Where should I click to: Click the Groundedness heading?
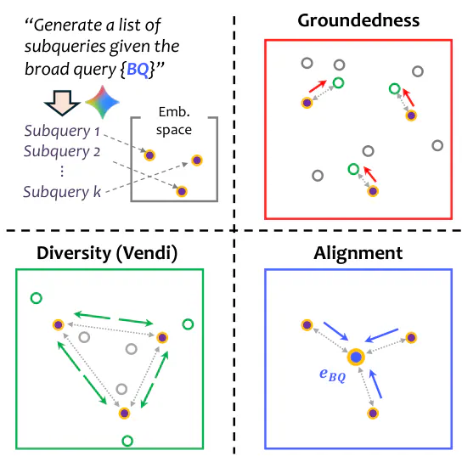click(358, 20)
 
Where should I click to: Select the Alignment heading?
click(358, 253)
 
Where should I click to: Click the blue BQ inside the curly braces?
click(138, 70)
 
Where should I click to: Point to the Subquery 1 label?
click(62, 131)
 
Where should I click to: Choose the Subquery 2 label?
click(62, 151)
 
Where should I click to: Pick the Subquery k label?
click(62, 192)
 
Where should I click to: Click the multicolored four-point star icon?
click(102, 102)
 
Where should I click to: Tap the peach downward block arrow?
click(62, 103)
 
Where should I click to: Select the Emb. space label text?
click(174, 121)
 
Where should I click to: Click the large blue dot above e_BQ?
click(356, 357)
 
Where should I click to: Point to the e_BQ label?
click(332, 374)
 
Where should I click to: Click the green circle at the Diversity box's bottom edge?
click(127, 441)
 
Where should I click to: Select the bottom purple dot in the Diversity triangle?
click(124, 414)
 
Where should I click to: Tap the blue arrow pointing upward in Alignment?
click(375, 384)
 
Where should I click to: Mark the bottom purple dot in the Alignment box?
click(373, 414)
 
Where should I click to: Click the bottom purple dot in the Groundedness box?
click(373, 191)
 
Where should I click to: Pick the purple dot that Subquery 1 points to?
click(149, 155)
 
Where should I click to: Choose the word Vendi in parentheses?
click(147, 253)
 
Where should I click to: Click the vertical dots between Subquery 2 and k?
click(62, 172)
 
